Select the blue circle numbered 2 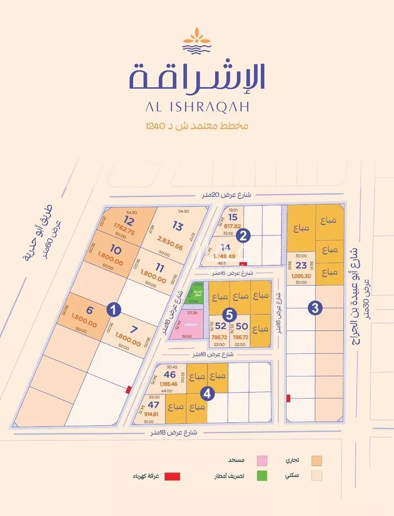click(242, 236)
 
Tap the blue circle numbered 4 click(208, 393)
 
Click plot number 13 click(177, 226)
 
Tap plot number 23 click(301, 265)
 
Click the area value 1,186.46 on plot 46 click(170, 384)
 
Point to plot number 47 click(153, 405)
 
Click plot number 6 click(89, 311)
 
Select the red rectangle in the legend click(172, 476)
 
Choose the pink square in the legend click(261, 460)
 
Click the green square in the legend click(261, 476)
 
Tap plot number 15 click(233, 217)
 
